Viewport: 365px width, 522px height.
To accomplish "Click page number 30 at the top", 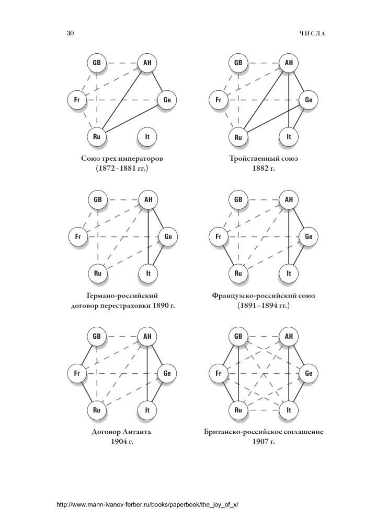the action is click(x=71, y=33).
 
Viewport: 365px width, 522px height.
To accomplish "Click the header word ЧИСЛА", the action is click(x=312, y=33).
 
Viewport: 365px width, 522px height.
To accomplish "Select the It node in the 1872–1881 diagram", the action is click(x=147, y=136).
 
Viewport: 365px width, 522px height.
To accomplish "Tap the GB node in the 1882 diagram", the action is click(x=238, y=63).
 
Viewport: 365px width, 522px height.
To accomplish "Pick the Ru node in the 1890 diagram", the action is click(x=97, y=274).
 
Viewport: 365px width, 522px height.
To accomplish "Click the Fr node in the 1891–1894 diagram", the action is click(x=219, y=236).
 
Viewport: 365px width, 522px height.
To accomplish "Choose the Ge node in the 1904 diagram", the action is click(x=167, y=373).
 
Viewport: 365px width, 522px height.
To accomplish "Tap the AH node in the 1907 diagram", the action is click(x=289, y=336).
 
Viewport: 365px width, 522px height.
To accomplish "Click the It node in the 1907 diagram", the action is click(x=289, y=410).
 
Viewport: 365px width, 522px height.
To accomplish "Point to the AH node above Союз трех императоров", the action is click(x=147, y=63).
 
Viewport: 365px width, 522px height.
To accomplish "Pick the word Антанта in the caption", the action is click(x=137, y=432).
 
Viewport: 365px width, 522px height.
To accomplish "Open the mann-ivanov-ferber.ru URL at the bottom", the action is click(x=148, y=505).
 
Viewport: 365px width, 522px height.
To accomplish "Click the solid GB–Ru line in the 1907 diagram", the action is click(x=238, y=373).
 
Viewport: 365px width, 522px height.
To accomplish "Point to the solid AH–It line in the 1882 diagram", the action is click(x=289, y=100).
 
